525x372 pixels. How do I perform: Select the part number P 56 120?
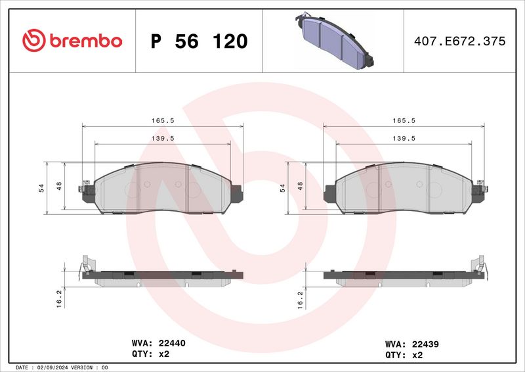pos(199,41)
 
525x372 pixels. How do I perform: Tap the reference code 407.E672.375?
pos(459,41)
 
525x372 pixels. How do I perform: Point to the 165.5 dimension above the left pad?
pos(161,121)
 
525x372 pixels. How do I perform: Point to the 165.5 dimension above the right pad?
pos(403,121)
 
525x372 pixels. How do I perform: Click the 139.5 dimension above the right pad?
pos(403,139)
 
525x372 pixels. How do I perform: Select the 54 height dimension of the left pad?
pos(41,188)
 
